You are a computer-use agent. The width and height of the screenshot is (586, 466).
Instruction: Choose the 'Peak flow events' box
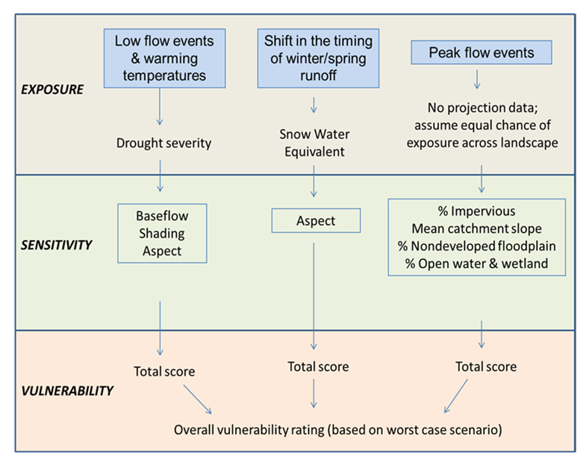click(x=481, y=53)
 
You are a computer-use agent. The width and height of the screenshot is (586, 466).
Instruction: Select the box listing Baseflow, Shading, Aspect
click(x=161, y=233)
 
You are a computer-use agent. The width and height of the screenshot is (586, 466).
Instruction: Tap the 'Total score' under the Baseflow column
click(x=164, y=371)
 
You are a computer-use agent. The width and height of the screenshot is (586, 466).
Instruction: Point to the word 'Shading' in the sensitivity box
click(x=161, y=233)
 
